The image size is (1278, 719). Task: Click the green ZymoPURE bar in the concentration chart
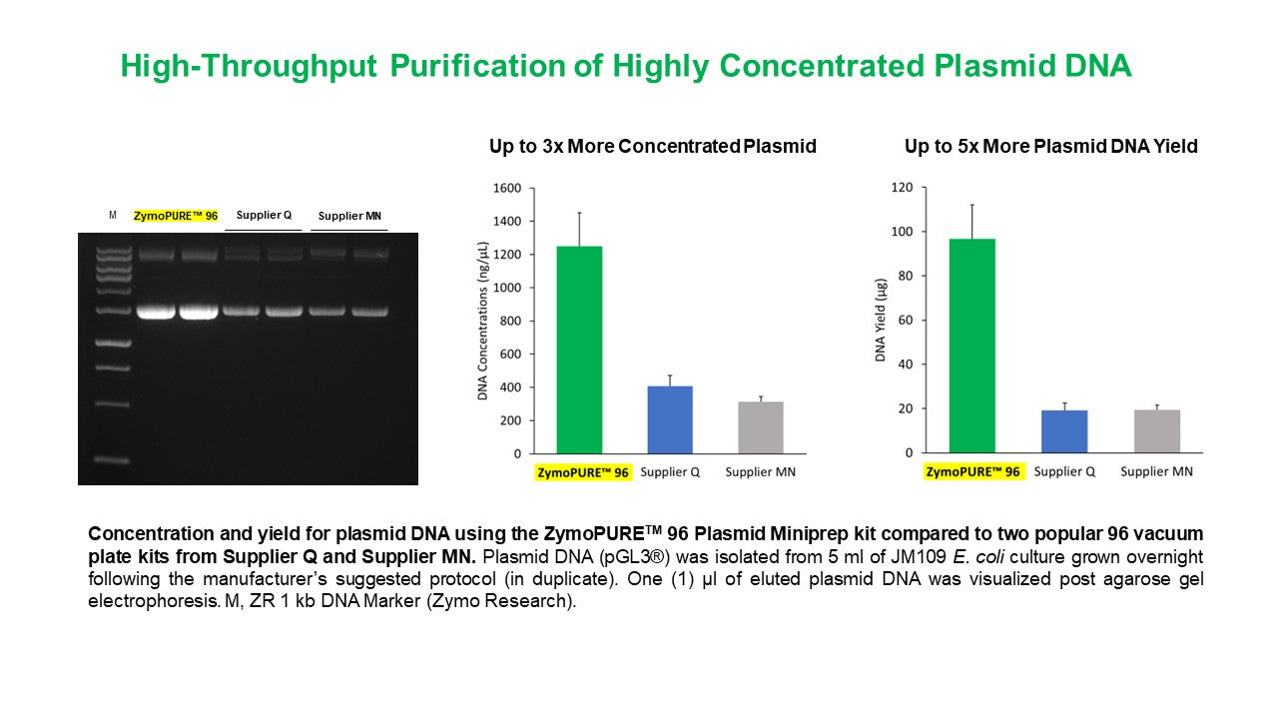point(579,350)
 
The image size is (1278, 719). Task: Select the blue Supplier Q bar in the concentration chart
point(670,419)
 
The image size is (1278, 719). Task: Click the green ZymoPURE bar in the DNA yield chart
point(971,346)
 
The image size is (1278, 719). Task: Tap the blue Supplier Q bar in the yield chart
point(1064,431)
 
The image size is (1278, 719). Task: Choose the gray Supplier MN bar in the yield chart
point(1157,431)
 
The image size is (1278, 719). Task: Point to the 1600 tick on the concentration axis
point(507,188)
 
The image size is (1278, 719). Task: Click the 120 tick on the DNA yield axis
point(903,188)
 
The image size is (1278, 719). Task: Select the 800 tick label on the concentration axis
point(510,321)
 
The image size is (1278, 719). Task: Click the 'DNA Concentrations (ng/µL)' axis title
point(483,321)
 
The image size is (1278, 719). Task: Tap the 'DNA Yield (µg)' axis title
point(881,321)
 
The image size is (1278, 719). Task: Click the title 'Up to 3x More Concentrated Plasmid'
point(652,147)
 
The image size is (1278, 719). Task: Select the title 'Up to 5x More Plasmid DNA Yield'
point(1050,147)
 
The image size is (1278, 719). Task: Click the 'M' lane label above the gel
point(113,215)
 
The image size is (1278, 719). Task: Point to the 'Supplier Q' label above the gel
point(264,215)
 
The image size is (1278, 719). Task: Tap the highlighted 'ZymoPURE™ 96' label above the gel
point(176,216)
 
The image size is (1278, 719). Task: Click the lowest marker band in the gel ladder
point(113,460)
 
